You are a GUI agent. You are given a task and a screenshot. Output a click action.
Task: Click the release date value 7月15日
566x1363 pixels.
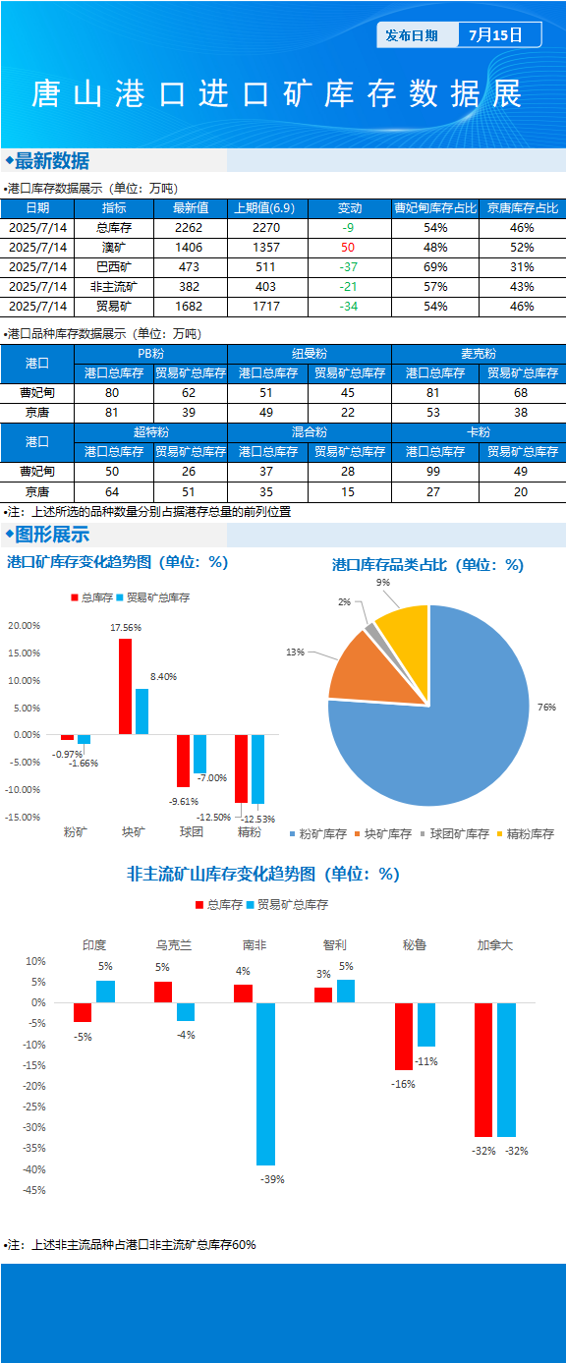495,35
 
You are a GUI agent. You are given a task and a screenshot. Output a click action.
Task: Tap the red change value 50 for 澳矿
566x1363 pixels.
348,248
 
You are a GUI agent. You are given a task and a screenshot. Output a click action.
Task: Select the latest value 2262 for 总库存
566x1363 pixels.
189,228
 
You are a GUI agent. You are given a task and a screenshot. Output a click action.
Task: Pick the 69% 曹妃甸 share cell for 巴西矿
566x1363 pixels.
435,267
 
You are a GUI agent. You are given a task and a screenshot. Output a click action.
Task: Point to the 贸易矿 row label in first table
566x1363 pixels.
113,306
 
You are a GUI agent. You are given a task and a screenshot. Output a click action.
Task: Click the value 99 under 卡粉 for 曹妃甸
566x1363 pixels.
432,472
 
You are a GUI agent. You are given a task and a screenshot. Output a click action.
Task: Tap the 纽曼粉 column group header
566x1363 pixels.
310,354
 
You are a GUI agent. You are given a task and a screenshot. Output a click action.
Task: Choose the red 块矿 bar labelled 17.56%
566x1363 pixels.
126,686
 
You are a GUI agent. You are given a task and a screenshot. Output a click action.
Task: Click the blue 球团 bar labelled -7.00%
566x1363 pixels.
199,754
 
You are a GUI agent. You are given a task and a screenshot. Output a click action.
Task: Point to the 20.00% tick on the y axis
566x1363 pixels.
24,626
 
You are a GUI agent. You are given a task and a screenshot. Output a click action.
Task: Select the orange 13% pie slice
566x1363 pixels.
371,670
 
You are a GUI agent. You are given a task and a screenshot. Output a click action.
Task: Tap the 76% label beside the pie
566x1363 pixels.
546,708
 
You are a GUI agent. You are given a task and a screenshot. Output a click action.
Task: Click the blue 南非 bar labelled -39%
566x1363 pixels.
265,1084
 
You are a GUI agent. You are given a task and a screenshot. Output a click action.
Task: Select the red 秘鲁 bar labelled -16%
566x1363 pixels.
404,1036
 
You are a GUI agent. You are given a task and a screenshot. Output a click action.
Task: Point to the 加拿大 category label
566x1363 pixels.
495,945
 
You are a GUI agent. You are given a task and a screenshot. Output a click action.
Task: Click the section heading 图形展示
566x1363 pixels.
52,535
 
